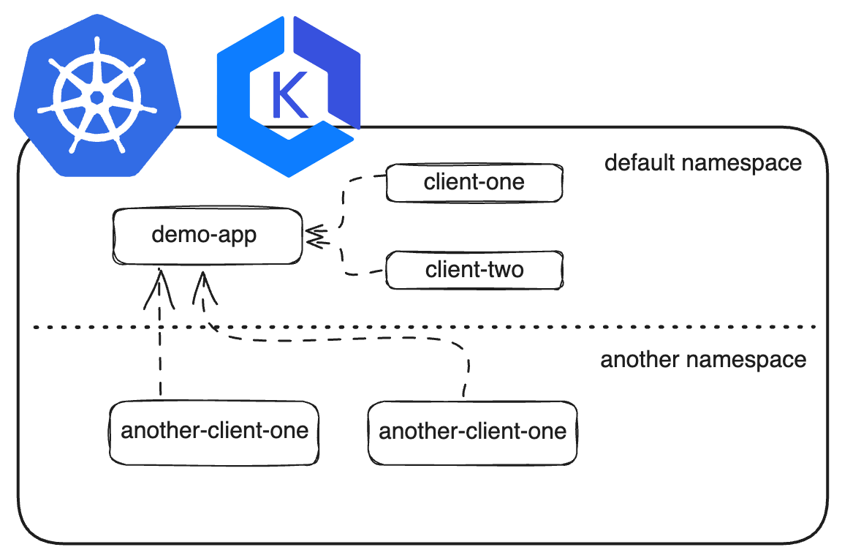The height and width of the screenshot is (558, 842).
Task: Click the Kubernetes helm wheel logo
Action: [97, 96]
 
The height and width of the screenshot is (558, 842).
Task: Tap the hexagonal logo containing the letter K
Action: [289, 96]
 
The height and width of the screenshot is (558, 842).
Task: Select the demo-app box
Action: [208, 235]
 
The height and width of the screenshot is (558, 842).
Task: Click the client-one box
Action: [474, 183]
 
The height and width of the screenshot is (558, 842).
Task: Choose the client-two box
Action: [474, 270]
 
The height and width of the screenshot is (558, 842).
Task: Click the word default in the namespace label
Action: [639, 162]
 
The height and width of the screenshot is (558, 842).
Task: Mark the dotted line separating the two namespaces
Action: [425, 326]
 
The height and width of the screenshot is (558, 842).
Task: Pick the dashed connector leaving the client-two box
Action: [344, 257]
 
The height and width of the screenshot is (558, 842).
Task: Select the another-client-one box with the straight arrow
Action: [213, 432]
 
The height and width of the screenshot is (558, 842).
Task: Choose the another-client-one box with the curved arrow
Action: [473, 432]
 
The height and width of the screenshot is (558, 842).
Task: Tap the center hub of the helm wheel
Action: [97, 98]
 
